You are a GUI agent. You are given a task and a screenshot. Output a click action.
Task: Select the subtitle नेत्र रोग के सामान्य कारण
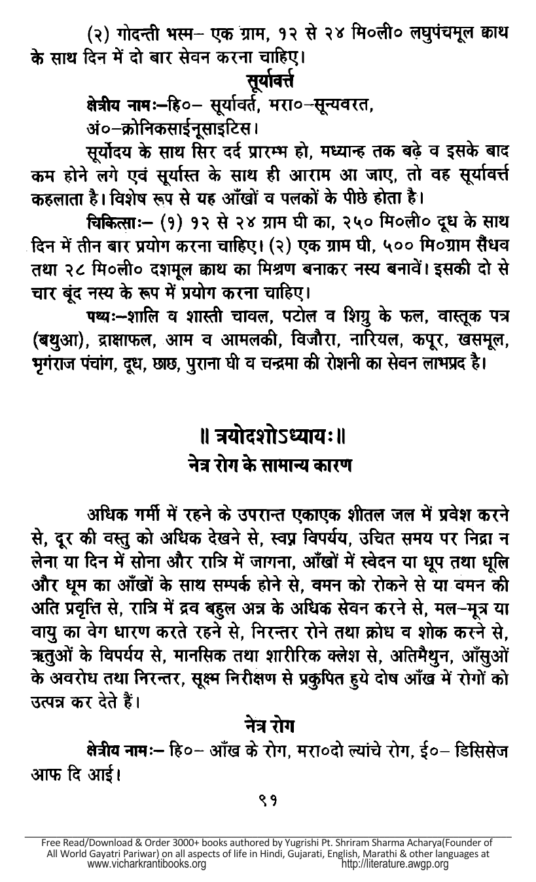tap(268, 466)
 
